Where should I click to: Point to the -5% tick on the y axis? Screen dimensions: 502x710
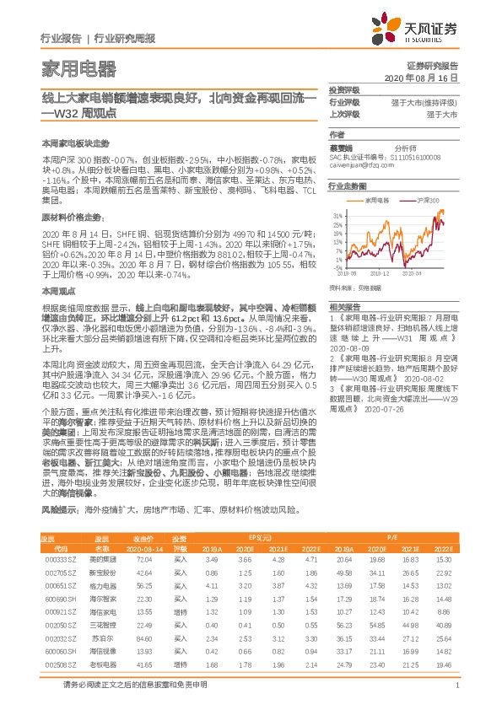click(336, 267)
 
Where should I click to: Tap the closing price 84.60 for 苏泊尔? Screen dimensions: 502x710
click(143, 639)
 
